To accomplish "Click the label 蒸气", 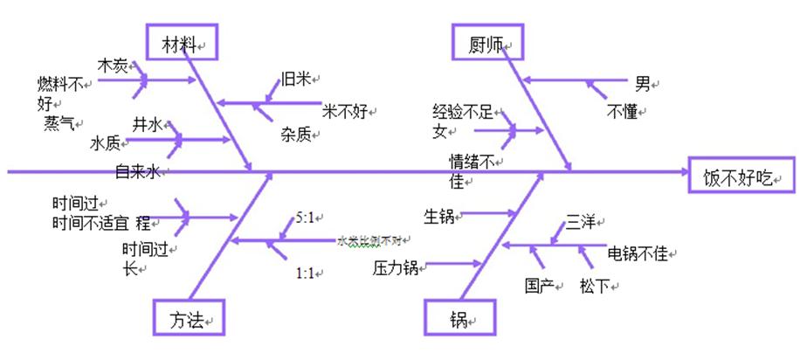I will [x=59, y=123].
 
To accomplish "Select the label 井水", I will [x=148, y=125].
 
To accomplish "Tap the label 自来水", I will [x=138, y=172].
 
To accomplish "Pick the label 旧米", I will [x=295, y=79].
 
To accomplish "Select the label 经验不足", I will [x=463, y=112].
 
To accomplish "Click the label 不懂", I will [x=625, y=111].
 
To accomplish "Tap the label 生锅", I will [x=438, y=215].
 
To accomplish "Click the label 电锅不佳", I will [x=638, y=253].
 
